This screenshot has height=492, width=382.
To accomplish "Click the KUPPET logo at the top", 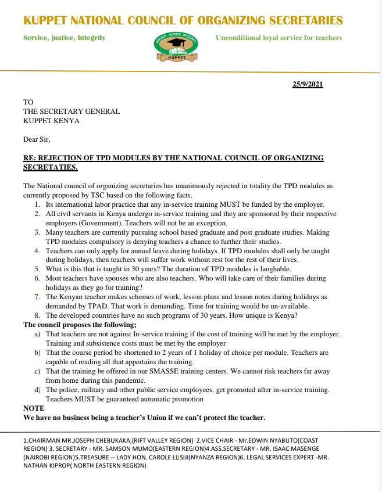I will pyautogui.click(x=176, y=45).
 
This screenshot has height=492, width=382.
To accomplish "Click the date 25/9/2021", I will pyautogui.click(x=307, y=84).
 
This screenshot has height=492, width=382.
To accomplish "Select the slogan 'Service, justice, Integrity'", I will pyautogui.click(x=64, y=38).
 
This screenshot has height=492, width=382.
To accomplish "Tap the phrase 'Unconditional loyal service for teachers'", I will pyautogui.click(x=279, y=38).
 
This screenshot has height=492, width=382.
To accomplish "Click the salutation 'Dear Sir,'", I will pyautogui.click(x=37, y=139).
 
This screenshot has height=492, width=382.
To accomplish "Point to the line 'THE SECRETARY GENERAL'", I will pyautogui.click(x=72, y=112).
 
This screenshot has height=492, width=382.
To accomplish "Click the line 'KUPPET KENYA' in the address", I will pyautogui.click(x=51, y=121).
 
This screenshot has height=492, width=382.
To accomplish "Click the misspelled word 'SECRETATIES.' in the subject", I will pyautogui.click(x=50, y=167).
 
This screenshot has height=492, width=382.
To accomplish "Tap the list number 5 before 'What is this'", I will pyautogui.click(x=37, y=269).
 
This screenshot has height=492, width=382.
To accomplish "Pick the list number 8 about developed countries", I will pyautogui.click(x=37, y=315).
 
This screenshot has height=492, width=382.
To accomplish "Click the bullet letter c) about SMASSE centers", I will pyautogui.click(x=37, y=371).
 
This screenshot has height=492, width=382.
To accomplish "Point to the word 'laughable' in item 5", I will pyautogui.click(x=275, y=269).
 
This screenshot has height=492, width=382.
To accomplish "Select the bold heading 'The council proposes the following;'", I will pyautogui.click(x=80, y=324).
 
